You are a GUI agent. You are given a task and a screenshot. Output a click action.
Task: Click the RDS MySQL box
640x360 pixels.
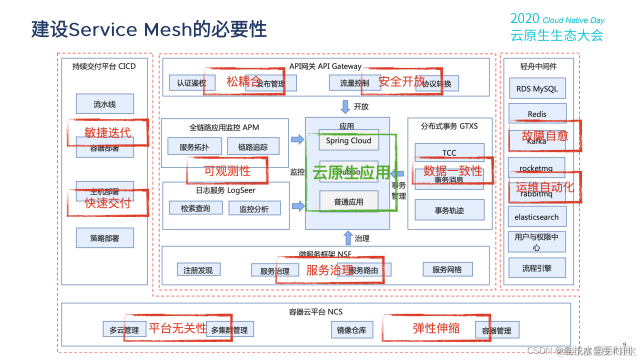pyautogui.click(x=537, y=88)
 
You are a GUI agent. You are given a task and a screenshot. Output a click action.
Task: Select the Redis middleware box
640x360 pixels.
pyautogui.click(x=537, y=113)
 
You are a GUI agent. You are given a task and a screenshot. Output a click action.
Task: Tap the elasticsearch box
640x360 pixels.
pyautogui.click(x=537, y=217)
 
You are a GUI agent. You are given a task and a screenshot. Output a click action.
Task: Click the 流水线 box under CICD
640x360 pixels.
pyautogui.click(x=104, y=104)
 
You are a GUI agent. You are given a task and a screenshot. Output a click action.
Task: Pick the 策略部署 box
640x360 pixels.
pyautogui.click(x=104, y=238)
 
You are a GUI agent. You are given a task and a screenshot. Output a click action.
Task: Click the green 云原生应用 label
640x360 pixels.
pyautogui.click(x=350, y=172)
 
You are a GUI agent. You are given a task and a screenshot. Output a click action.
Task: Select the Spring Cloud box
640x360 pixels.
pyautogui.click(x=348, y=140)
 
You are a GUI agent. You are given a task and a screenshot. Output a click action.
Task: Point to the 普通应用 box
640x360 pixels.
pyautogui.click(x=348, y=201)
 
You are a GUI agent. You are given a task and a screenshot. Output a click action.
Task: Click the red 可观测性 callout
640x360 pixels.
pyautogui.click(x=227, y=170)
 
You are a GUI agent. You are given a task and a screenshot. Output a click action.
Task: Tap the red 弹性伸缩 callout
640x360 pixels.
pyautogui.click(x=436, y=328)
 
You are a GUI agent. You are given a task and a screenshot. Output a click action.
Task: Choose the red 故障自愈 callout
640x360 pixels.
pyautogui.click(x=544, y=135)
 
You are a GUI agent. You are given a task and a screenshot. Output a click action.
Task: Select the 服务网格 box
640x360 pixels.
pyautogui.click(x=447, y=269)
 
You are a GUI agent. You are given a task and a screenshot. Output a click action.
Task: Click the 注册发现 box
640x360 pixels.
pyautogui.click(x=198, y=270)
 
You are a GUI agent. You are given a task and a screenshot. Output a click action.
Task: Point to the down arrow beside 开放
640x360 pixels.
pyautogui.click(x=345, y=106)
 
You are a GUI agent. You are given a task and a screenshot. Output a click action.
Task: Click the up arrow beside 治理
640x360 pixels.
pyautogui.click(x=348, y=238)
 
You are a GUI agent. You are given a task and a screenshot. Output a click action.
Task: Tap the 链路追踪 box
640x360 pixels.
pyautogui.click(x=253, y=147)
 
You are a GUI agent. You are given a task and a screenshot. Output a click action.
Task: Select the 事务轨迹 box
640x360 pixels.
pyautogui.click(x=449, y=210)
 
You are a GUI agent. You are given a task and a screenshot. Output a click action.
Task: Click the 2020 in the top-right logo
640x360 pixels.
pyautogui.click(x=524, y=19)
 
